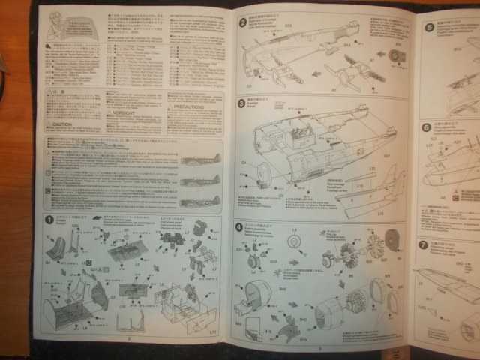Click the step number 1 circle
tap(49, 220)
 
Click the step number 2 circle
tap(242, 22)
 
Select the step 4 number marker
tap(239, 226)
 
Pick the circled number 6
tap(425, 127)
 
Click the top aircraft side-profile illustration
tap(199, 160)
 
